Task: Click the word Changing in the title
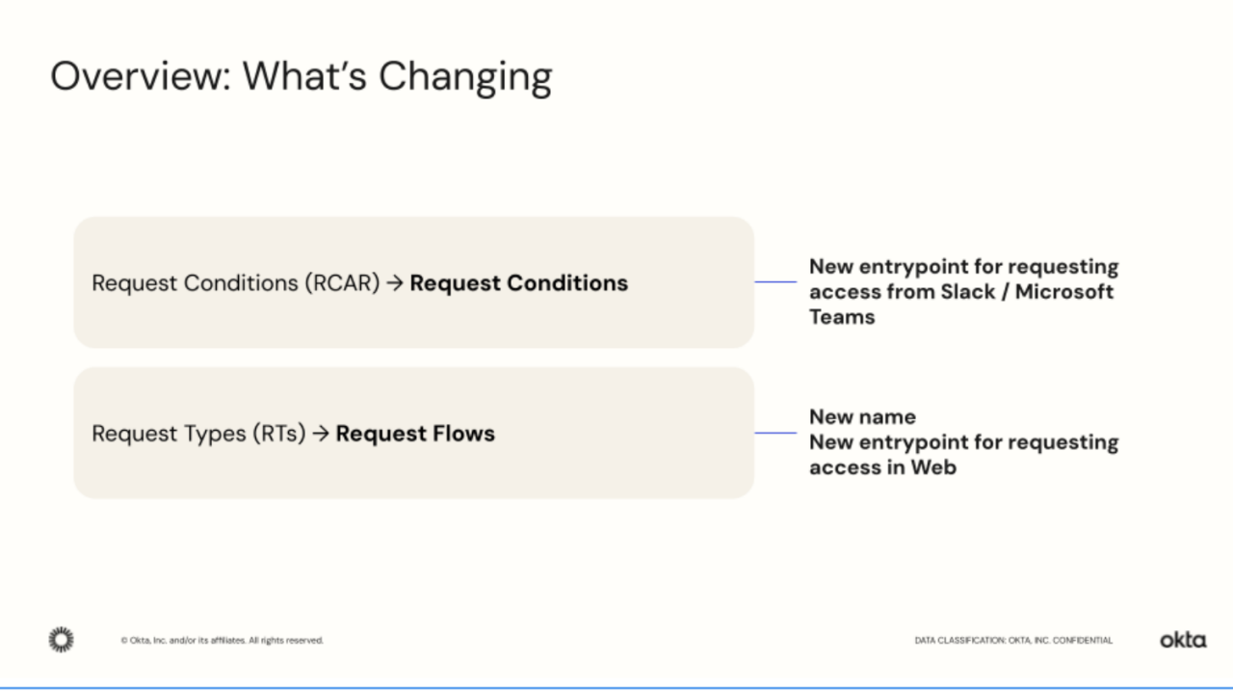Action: point(464,77)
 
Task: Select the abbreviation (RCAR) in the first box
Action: point(342,283)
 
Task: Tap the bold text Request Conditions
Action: point(518,283)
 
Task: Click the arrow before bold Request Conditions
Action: point(394,283)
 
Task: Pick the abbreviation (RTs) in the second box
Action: point(278,434)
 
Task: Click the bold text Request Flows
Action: point(415,434)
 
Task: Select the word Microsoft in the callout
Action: point(1064,292)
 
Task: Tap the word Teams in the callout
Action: point(842,317)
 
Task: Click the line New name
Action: point(862,417)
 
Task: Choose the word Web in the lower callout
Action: point(934,467)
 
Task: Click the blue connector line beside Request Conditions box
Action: point(775,282)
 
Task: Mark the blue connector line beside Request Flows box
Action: point(775,433)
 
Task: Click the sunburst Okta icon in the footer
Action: point(61,639)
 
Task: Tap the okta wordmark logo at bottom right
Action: point(1182,640)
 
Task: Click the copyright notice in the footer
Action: point(222,640)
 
